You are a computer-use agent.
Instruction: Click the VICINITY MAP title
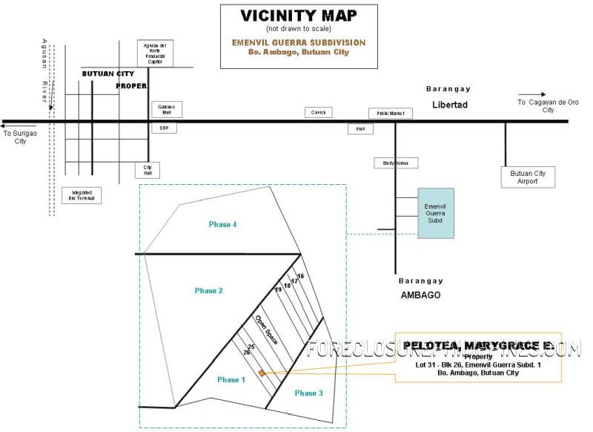point(298,16)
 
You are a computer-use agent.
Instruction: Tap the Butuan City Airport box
point(528,177)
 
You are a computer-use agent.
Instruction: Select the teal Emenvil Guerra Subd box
point(434,212)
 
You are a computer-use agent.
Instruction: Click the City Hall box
point(147,170)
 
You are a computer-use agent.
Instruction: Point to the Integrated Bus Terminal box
point(82,194)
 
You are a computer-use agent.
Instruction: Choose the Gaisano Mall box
point(166,108)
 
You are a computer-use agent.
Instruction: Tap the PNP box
point(361,129)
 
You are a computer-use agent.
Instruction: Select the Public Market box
point(390,114)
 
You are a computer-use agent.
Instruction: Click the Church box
point(319,112)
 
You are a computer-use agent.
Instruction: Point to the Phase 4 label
point(222,224)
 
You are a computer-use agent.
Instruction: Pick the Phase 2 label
point(209,291)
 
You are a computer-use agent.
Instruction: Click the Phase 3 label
point(308,392)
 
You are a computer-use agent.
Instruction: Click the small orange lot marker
point(262,373)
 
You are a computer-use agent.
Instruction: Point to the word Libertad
point(450,105)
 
